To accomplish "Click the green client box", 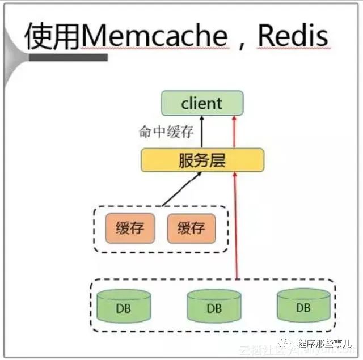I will coord(202,104).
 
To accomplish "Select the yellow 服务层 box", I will coord(202,160).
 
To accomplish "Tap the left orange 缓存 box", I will coord(129,228).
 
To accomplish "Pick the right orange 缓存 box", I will coord(191,228).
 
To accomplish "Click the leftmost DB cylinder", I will coord(124,306).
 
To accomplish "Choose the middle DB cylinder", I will coord(214,306).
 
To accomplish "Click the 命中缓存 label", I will coord(166,132).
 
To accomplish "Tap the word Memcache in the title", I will coord(154,36).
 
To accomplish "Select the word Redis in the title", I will coord(293,36).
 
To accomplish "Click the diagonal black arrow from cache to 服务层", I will coord(181,189).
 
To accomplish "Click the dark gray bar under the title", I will coord(69,58).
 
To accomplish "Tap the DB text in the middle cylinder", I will coord(214,309).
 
